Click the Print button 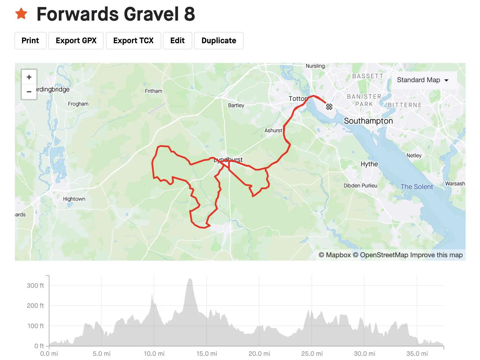pos(30,41)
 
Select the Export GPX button pos(76,41)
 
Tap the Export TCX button pos(133,41)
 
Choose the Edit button pos(177,41)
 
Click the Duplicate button pos(219,41)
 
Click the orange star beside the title pos(21,14)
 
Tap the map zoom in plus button pos(29,77)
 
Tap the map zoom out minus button pos(29,92)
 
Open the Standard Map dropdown pos(422,80)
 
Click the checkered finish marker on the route pos(329,107)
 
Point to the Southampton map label pos(368,121)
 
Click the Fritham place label pos(153,91)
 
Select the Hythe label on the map pos(369,164)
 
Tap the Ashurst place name pos(273,130)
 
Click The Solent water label pos(416,187)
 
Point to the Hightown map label pos(74,199)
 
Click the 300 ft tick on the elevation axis pos(36,285)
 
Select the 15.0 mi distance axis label pos(207,354)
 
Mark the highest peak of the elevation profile pos(190,279)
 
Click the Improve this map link pos(436,255)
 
